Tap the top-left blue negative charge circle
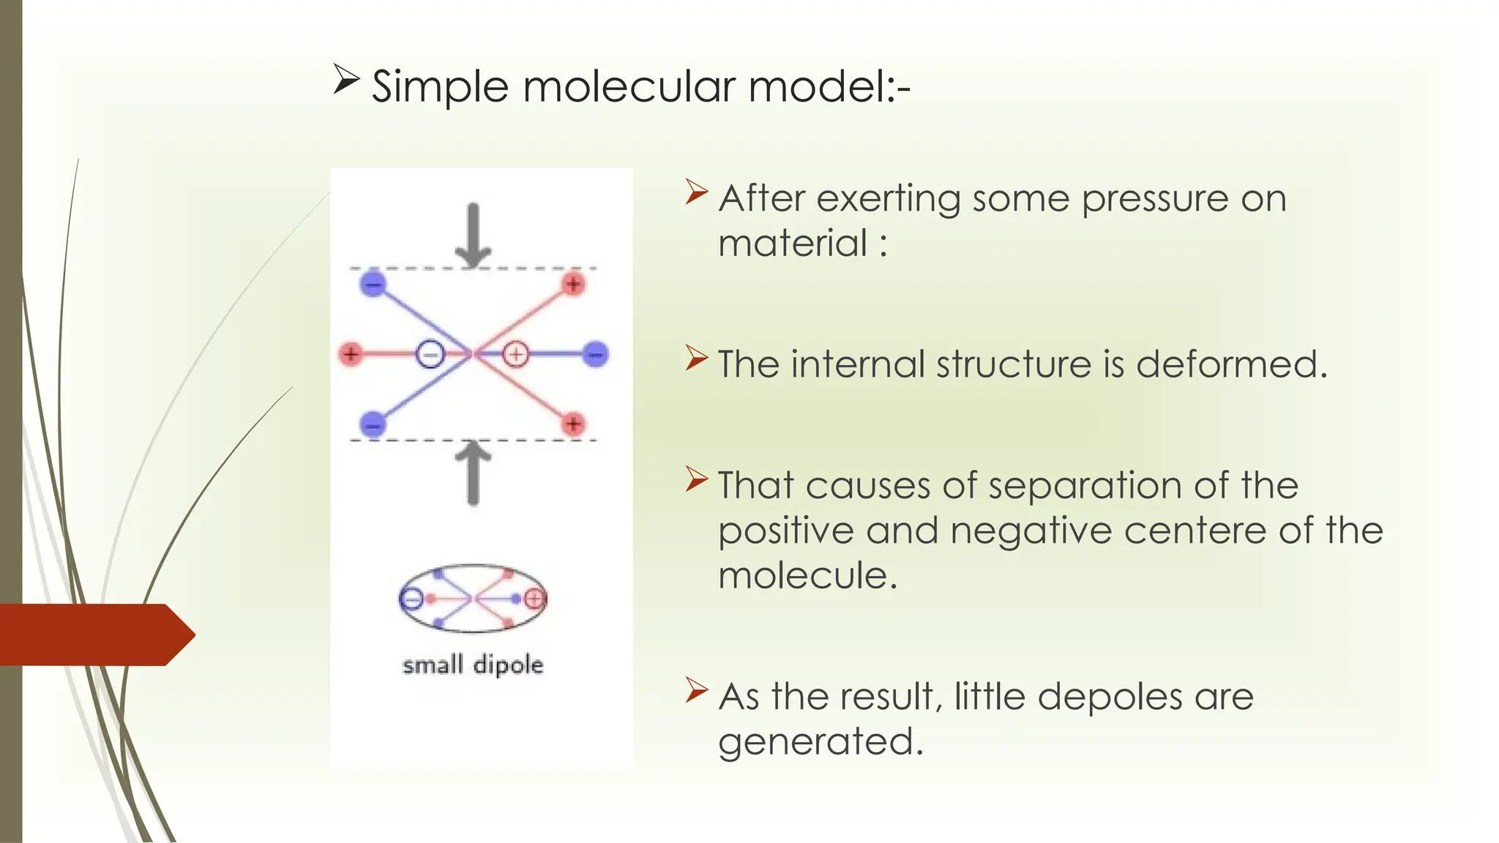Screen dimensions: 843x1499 click(x=373, y=284)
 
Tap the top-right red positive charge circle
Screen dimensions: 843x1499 click(x=573, y=284)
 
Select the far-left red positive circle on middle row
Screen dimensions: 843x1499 click(x=351, y=355)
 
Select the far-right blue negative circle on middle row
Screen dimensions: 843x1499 click(x=596, y=355)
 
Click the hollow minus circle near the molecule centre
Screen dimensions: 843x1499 click(x=430, y=355)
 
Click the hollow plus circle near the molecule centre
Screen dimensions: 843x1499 click(x=516, y=355)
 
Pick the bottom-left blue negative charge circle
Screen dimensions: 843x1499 click(x=373, y=424)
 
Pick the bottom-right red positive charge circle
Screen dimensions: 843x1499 click(x=573, y=424)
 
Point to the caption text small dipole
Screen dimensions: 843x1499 click(x=473, y=664)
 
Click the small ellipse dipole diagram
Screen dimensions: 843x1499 click(x=473, y=599)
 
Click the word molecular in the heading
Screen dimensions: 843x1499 click(x=629, y=86)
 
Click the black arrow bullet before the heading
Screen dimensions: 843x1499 click(x=345, y=79)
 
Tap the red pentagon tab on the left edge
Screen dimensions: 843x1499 click(x=95, y=634)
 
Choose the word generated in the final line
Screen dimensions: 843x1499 click(x=820, y=742)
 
